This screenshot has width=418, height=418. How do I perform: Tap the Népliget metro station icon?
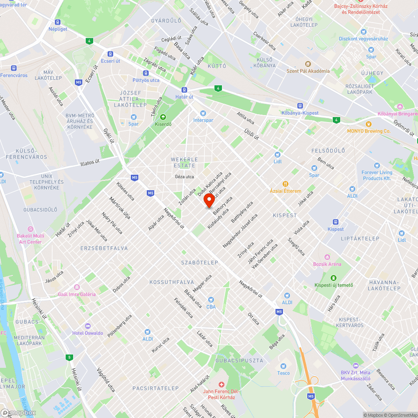(x=57, y=22)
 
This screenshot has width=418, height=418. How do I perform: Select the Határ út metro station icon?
(x=184, y=90)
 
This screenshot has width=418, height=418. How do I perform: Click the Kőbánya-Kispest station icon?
(x=299, y=106)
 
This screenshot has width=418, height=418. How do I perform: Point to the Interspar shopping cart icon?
(x=203, y=113)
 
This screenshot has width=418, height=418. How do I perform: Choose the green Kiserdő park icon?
(x=163, y=117)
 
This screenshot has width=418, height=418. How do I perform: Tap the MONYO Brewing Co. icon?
(x=368, y=124)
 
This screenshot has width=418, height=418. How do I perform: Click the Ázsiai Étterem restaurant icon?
(x=285, y=184)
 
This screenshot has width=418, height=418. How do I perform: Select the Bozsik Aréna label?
(x=327, y=264)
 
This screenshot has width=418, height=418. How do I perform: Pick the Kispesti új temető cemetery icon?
(x=334, y=278)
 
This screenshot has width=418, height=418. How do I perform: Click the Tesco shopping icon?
(x=283, y=366)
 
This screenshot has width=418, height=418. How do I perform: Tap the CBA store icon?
(x=211, y=300)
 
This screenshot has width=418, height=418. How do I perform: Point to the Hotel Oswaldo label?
(x=88, y=333)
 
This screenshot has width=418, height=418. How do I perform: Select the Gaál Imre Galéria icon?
(x=77, y=287)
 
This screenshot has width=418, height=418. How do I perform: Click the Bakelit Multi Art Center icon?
(x=30, y=229)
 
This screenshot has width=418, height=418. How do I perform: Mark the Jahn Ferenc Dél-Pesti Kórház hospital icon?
(x=222, y=384)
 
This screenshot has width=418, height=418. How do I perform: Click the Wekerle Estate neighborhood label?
(x=184, y=162)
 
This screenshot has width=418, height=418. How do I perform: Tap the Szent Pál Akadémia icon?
(x=308, y=64)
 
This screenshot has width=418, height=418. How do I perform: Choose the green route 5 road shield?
(x=69, y=357)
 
